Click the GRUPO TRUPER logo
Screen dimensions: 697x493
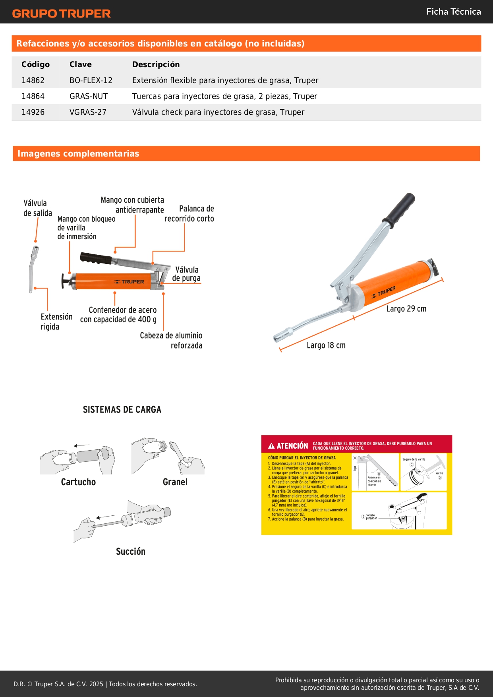coord(61,14)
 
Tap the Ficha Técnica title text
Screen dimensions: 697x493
coord(453,12)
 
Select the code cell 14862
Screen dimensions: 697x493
coord(33,80)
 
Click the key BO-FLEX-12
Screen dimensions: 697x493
coord(91,80)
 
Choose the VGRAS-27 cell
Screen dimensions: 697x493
coord(88,112)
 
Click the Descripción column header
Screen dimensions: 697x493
coord(156,64)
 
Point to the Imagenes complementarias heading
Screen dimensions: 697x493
coord(78,153)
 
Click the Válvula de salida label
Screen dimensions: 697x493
coord(37,208)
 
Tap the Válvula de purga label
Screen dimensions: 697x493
coord(186,274)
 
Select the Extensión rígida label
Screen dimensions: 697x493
coord(56,321)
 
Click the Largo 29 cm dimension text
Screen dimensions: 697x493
coord(406,309)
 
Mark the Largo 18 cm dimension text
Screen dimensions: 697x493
coord(326,345)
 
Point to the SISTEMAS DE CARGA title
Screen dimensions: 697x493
coord(122,410)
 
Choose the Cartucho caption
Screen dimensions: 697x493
coord(78,482)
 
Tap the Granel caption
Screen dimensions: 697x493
coord(175,482)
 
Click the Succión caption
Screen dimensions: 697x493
coord(130,551)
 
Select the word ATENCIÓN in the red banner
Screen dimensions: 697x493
coord(292,446)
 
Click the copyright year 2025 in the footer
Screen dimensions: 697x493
coord(96,684)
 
